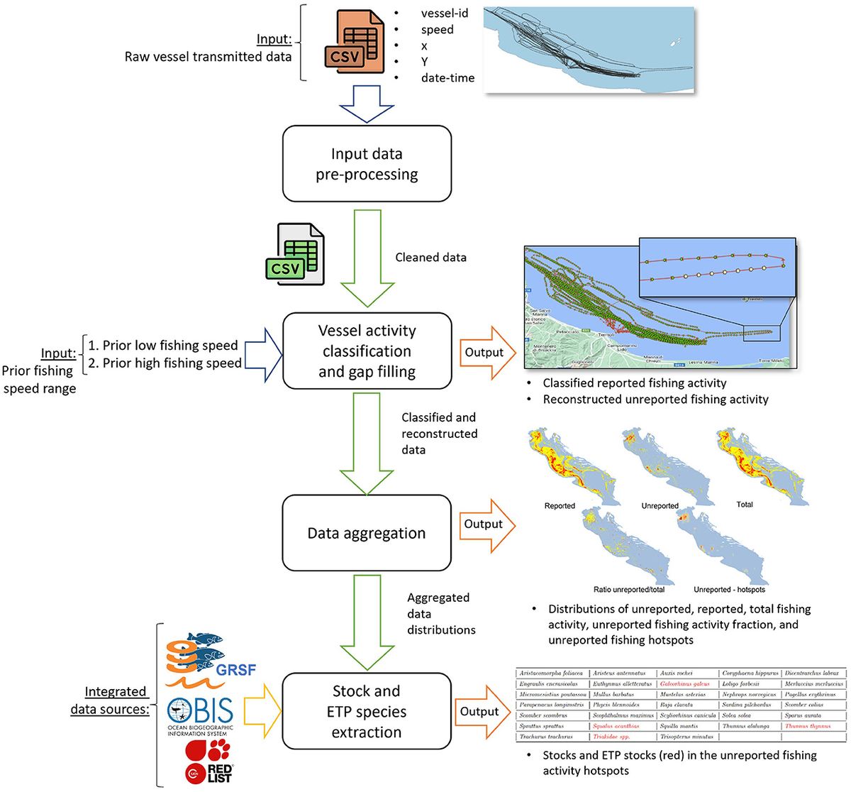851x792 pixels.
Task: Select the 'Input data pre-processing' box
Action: [367, 164]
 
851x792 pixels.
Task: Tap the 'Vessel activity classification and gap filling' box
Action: [367, 351]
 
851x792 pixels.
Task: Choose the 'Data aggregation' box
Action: [367, 533]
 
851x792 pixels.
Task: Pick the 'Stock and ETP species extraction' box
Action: [367, 711]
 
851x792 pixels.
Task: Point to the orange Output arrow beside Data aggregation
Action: [487, 524]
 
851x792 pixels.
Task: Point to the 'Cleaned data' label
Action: [430, 258]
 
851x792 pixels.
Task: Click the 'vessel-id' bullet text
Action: [445, 13]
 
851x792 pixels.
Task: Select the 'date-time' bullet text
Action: [447, 78]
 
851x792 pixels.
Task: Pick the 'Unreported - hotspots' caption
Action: [729, 589]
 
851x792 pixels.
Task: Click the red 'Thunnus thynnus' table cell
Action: [807, 726]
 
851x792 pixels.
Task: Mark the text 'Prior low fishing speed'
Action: [170, 346]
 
